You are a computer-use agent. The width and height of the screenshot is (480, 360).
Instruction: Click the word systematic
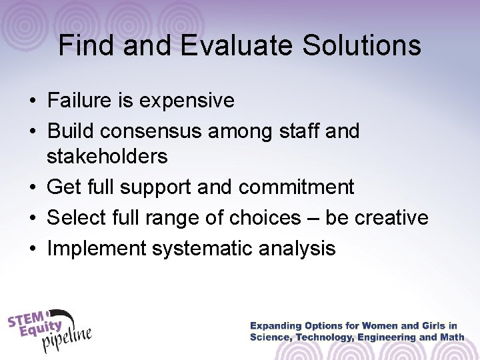(215, 249)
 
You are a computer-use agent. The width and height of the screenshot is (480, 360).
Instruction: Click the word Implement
(97, 249)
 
